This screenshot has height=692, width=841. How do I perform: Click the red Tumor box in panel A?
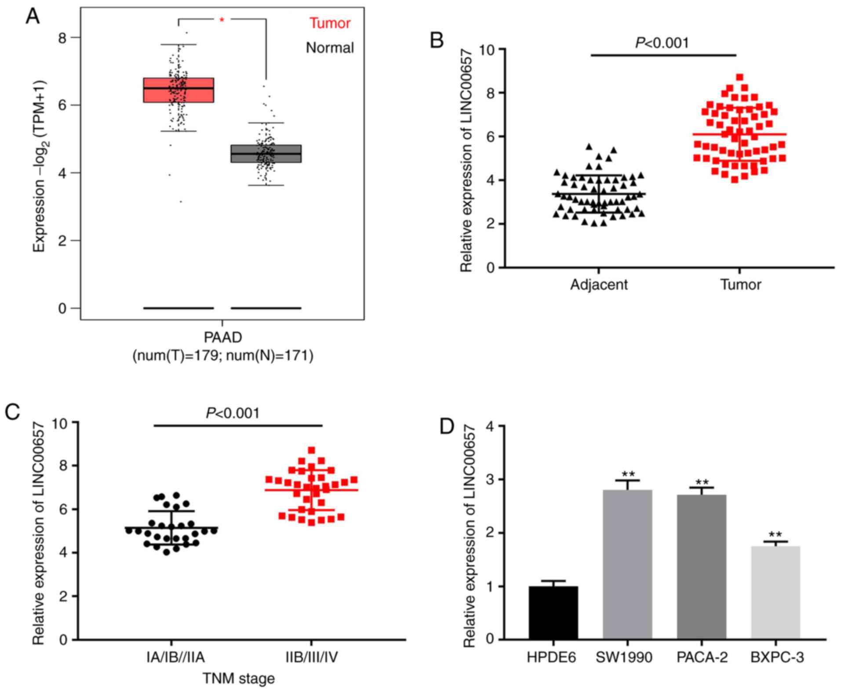(x=178, y=90)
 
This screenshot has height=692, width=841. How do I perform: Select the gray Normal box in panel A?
(x=266, y=153)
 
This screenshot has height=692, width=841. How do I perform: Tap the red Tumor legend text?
(x=330, y=23)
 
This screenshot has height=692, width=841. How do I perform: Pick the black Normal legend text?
(x=330, y=47)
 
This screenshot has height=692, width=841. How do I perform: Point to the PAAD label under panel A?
(x=223, y=337)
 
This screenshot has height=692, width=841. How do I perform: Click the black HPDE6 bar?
(x=553, y=613)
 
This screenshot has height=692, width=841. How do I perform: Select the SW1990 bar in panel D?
(x=627, y=564)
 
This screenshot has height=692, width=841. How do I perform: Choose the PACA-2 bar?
(x=702, y=566)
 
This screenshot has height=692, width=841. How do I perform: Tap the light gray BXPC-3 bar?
(x=775, y=593)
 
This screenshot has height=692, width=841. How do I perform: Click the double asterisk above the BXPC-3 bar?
(x=775, y=535)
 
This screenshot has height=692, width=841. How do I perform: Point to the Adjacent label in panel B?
(x=599, y=285)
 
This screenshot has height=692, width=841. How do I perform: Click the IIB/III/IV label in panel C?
(x=312, y=657)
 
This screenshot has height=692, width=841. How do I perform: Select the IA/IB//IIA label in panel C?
(x=175, y=657)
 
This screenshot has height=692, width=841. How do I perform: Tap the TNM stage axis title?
(x=239, y=678)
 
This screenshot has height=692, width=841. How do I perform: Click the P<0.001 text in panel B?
(x=662, y=43)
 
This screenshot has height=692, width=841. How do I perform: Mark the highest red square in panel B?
(x=740, y=77)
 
